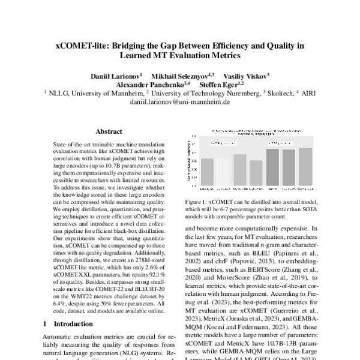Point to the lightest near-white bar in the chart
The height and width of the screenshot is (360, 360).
(223, 173)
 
